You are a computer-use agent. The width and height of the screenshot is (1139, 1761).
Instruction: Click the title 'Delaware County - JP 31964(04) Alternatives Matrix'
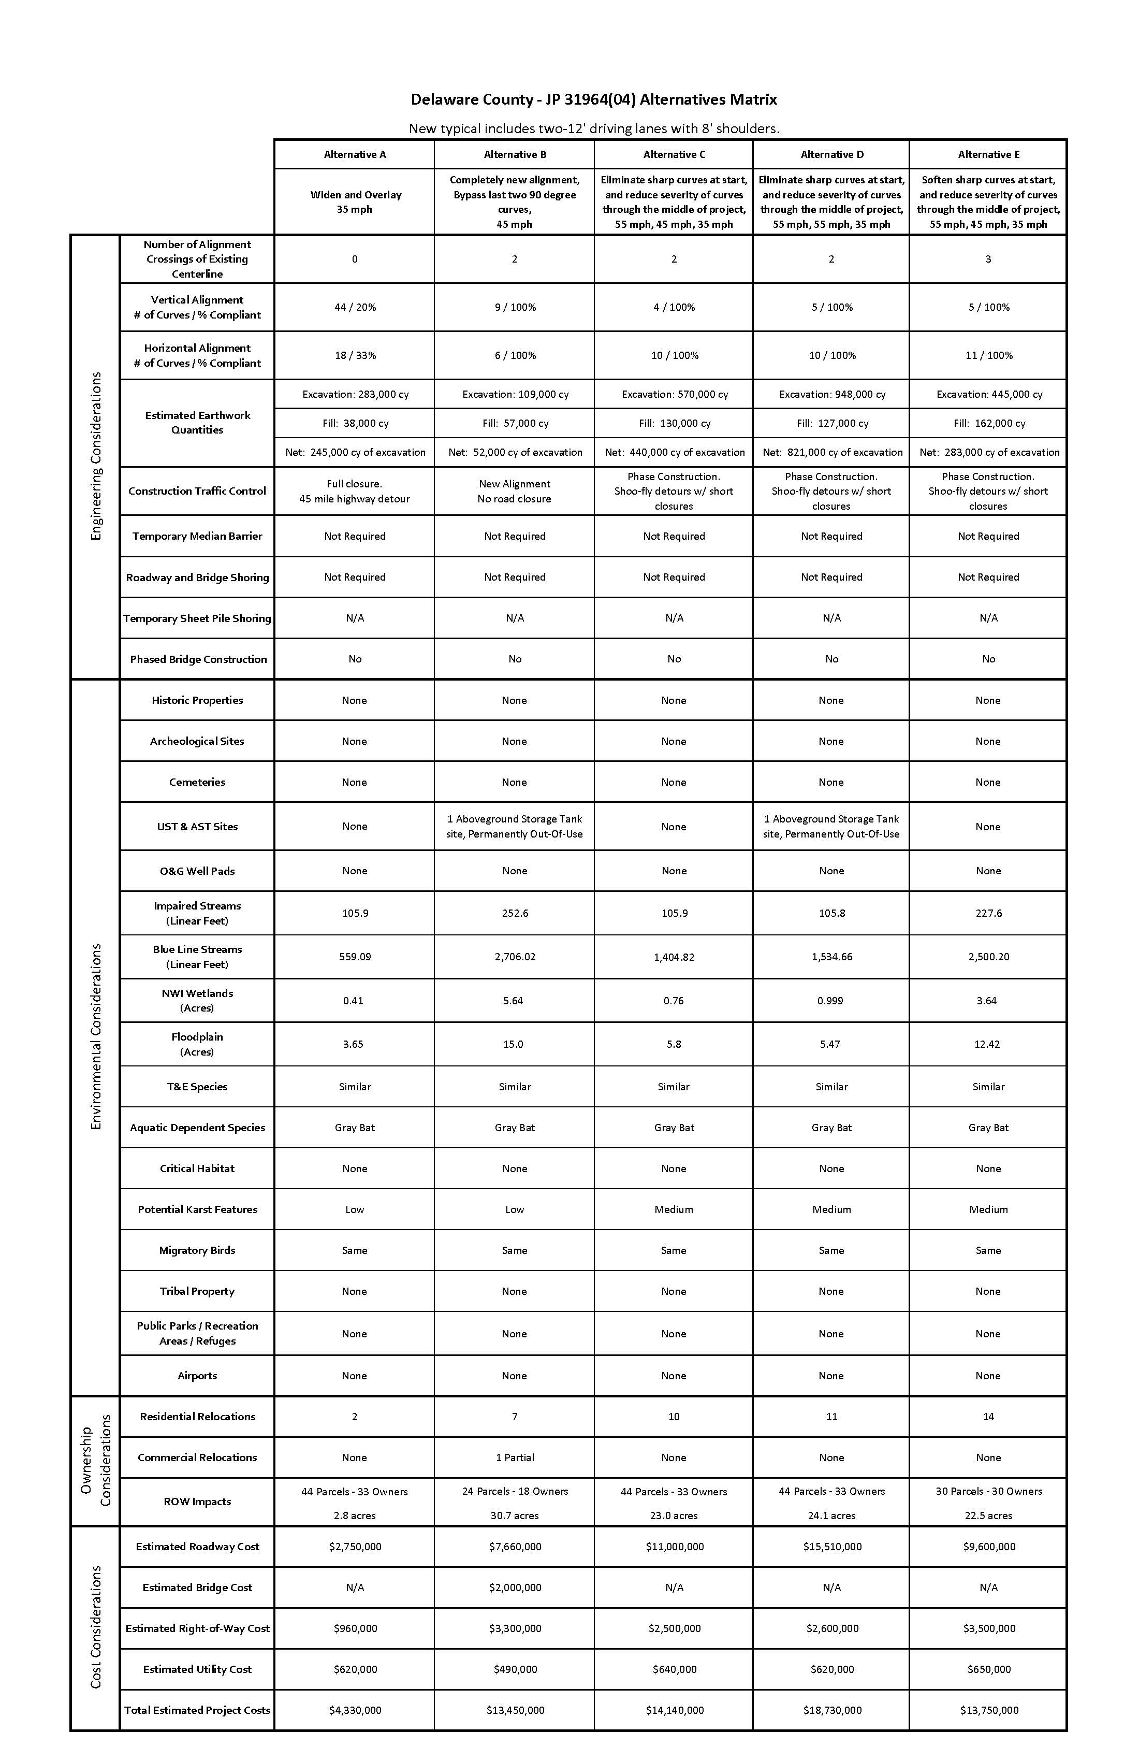[594, 99]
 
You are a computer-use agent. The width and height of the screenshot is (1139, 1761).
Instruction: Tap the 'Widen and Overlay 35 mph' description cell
[355, 202]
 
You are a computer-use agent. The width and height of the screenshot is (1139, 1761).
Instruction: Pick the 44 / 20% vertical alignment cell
[355, 307]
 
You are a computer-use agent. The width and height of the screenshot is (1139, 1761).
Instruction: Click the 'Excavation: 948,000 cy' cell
[832, 394]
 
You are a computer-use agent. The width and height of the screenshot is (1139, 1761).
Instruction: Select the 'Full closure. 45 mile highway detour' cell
[355, 492]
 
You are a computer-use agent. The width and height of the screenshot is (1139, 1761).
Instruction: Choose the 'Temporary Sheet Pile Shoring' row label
[197, 618]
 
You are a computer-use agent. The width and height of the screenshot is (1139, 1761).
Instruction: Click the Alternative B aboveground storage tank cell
[515, 827]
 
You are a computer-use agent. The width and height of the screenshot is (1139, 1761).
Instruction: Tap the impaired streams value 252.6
[515, 913]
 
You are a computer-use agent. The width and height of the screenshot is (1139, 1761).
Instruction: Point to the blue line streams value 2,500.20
[988, 957]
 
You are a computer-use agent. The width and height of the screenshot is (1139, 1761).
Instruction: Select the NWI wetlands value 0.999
[831, 1000]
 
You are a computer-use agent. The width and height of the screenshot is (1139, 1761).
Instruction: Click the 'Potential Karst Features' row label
[197, 1209]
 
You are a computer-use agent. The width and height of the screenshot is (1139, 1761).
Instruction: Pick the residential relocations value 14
[988, 1416]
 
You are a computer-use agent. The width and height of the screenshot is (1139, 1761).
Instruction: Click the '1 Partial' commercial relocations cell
[515, 1457]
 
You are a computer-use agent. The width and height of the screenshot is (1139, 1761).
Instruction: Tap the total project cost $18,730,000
[832, 1710]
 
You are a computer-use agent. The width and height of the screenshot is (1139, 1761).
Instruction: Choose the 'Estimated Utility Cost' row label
[197, 1669]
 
